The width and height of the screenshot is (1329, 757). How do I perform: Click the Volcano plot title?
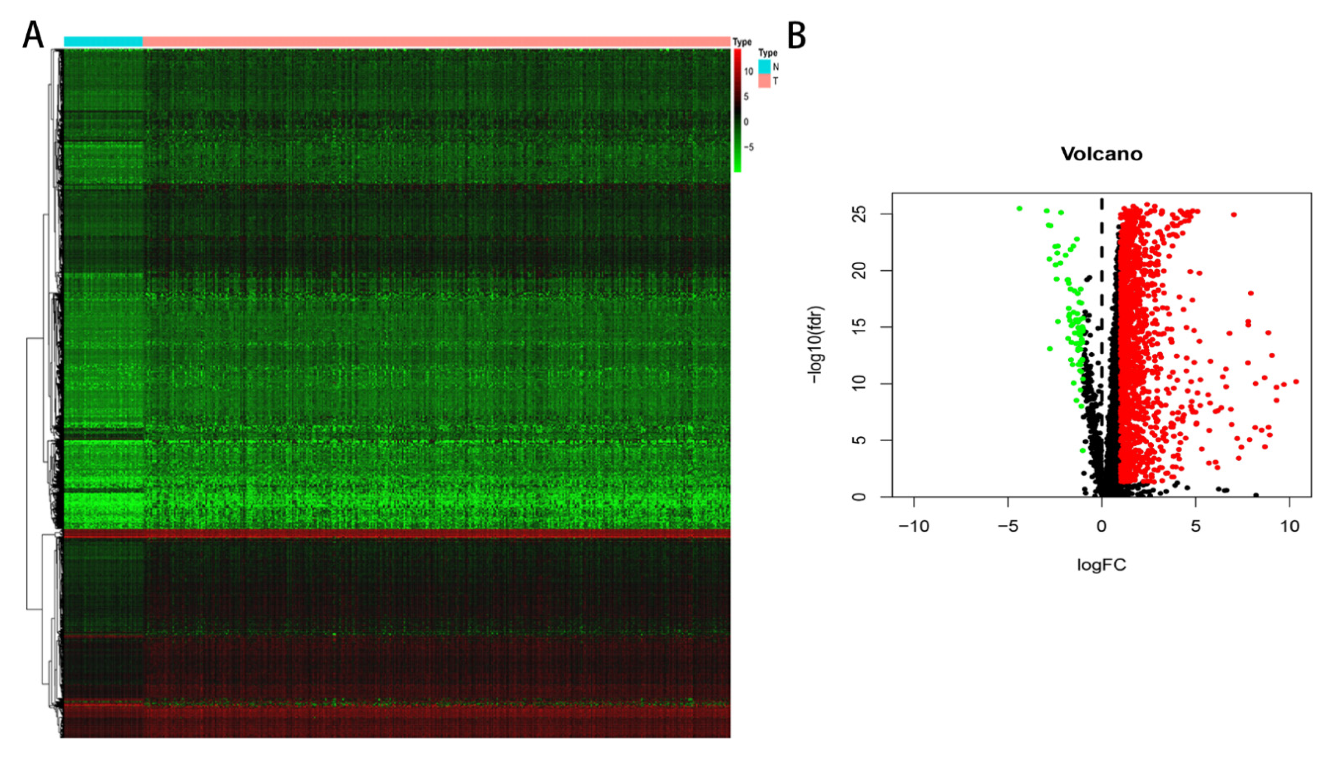pyautogui.click(x=1101, y=154)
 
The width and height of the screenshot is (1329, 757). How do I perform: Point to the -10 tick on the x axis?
pyautogui.click(x=913, y=527)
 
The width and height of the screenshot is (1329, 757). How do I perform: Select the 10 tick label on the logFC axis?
pyautogui.click(x=1290, y=527)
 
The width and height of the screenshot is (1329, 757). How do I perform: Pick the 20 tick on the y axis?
pyautogui.click(x=861, y=270)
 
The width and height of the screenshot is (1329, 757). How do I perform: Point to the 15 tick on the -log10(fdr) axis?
pyautogui.click(x=861, y=327)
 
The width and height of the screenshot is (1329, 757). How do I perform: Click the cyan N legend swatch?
pyautogui.click(x=764, y=66)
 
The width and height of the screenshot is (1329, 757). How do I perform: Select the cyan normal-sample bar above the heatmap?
pyautogui.click(x=103, y=41)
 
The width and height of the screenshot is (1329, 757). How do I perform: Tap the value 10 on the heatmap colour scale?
pyautogui.click(x=748, y=72)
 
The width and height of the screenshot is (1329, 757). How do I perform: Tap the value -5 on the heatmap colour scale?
pyautogui.click(x=749, y=147)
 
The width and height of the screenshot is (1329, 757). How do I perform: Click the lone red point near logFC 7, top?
pyautogui.click(x=1234, y=214)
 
